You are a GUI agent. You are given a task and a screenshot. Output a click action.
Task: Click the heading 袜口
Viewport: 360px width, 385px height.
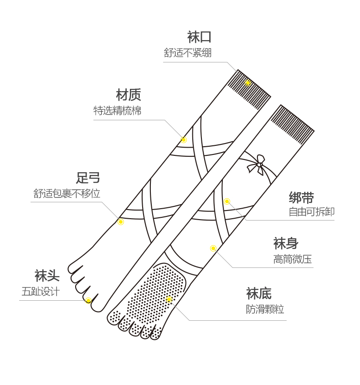click(x=199, y=37)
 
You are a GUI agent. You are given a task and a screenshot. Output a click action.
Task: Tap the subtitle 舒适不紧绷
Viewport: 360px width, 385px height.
click(x=187, y=53)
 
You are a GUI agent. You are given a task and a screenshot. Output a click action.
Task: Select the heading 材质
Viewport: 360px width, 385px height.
click(x=129, y=95)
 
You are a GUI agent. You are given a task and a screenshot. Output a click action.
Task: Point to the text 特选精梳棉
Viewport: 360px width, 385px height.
click(x=117, y=111)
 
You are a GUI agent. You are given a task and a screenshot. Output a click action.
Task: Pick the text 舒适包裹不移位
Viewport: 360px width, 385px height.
click(x=67, y=194)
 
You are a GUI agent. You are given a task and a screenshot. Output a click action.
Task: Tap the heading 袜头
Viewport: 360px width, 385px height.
click(x=47, y=276)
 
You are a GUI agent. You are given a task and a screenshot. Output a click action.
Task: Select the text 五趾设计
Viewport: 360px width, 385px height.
click(x=41, y=292)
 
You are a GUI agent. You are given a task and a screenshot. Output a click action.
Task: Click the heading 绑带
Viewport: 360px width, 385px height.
click(x=301, y=198)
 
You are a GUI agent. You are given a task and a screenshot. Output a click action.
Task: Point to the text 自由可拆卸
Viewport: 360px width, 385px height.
click(x=312, y=212)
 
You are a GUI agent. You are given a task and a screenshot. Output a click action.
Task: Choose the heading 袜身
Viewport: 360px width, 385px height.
click(x=286, y=243)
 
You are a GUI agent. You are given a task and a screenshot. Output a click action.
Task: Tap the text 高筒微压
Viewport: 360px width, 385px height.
click(x=293, y=260)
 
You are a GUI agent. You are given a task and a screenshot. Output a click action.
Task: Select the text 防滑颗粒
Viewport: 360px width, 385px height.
click(x=265, y=309)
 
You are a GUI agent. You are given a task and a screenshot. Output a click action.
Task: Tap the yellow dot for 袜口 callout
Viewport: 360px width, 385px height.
click(x=248, y=83)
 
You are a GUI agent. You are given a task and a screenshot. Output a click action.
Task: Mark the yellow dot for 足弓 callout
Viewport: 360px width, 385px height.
click(x=121, y=222)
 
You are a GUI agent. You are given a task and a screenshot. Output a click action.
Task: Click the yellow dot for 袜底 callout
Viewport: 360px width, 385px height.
click(x=169, y=299)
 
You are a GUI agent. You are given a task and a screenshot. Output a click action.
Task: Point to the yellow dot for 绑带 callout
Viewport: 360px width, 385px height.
click(x=227, y=201)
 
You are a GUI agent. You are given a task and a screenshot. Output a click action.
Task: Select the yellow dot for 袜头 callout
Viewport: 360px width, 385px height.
click(x=88, y=301)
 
